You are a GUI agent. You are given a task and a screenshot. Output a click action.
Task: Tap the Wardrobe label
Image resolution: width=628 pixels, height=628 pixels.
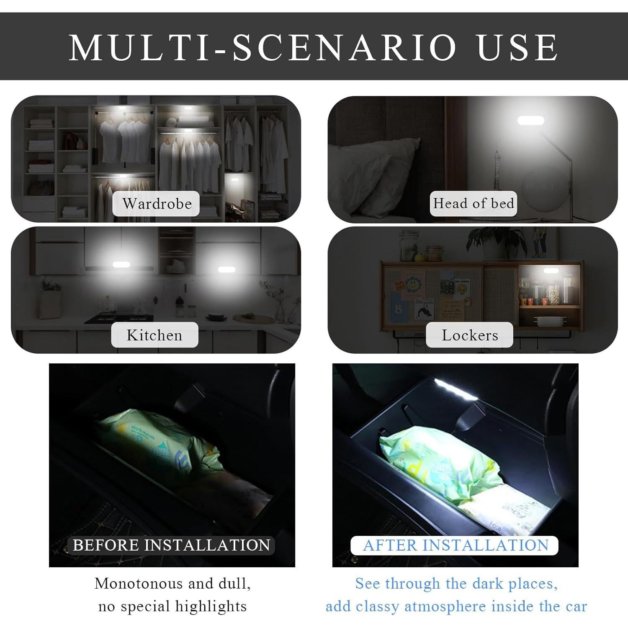157,203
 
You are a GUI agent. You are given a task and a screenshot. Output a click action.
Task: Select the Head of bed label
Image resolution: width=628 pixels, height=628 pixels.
473,203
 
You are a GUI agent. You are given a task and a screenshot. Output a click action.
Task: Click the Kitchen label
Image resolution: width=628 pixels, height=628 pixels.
154,335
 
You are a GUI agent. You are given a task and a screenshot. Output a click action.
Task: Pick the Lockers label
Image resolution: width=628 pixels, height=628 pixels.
470,335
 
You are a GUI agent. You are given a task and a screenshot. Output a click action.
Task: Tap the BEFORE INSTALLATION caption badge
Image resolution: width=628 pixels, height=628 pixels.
171,545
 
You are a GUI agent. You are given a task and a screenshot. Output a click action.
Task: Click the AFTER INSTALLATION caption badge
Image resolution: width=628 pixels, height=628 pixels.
455,545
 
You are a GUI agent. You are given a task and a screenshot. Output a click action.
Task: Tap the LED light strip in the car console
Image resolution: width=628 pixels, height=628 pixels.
456,390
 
